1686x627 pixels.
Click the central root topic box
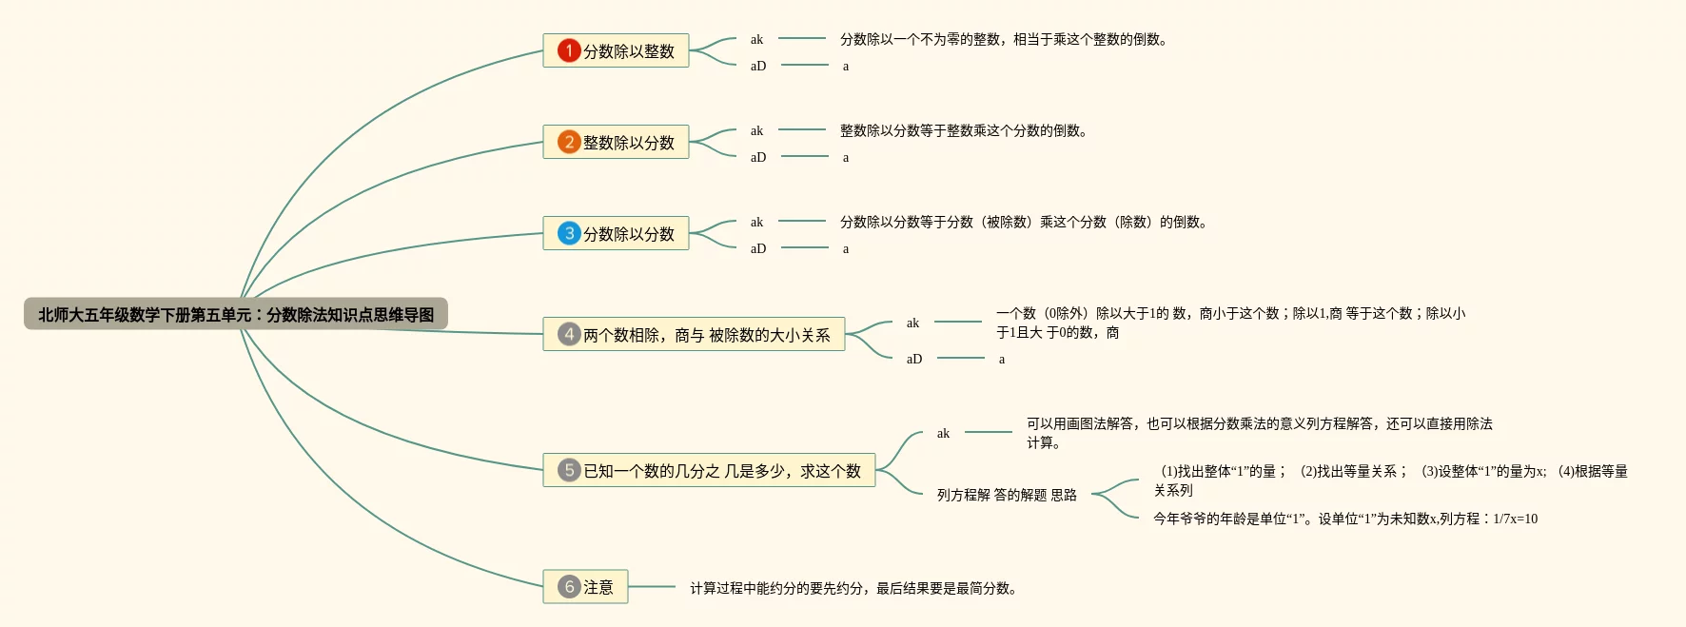(x=235, y=314)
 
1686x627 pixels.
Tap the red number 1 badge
(x=569, y=50)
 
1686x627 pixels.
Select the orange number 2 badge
(x=569, y=142)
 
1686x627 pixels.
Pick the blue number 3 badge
(x=569, y=233)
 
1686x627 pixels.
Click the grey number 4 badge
(x=569, y=334)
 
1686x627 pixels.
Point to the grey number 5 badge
(x=569, y=470)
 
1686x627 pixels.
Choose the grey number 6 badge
(x=569, y=586)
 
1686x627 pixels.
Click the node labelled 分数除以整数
(x=628, y=51)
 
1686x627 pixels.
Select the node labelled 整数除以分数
(x=628, y=143)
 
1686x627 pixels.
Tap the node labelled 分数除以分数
(x=628, y=234)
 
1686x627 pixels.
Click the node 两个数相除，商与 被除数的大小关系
(x=706, y=335)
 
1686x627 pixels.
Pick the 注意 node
(x=598, y=587)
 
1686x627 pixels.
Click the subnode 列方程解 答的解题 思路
(x=1007, y=495)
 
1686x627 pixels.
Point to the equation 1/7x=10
(x=1515, y=519)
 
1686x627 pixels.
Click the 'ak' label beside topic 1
(x=756, y=39)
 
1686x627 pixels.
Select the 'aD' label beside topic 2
(x=758, y=157)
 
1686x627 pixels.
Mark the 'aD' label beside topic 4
(x=914, y=359)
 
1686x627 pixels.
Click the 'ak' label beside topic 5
(x=943, y=433)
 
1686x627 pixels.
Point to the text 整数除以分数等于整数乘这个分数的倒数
(x=963, y=130)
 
